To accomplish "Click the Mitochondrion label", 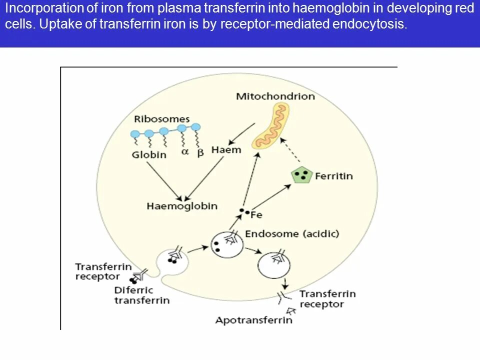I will point(275,96).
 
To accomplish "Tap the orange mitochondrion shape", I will point(270,127).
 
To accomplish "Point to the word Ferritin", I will point(334,176).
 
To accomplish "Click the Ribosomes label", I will point(162,119).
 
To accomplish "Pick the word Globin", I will point(149,154).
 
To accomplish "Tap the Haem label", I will point(226,150).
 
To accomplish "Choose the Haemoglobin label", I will point(182,206).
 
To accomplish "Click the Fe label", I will point(256,215).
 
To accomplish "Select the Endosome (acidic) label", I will point(292,233).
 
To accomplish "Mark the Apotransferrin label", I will point(253,320).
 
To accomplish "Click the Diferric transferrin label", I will point(141,295).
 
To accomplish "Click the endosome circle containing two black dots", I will point(227,244).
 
